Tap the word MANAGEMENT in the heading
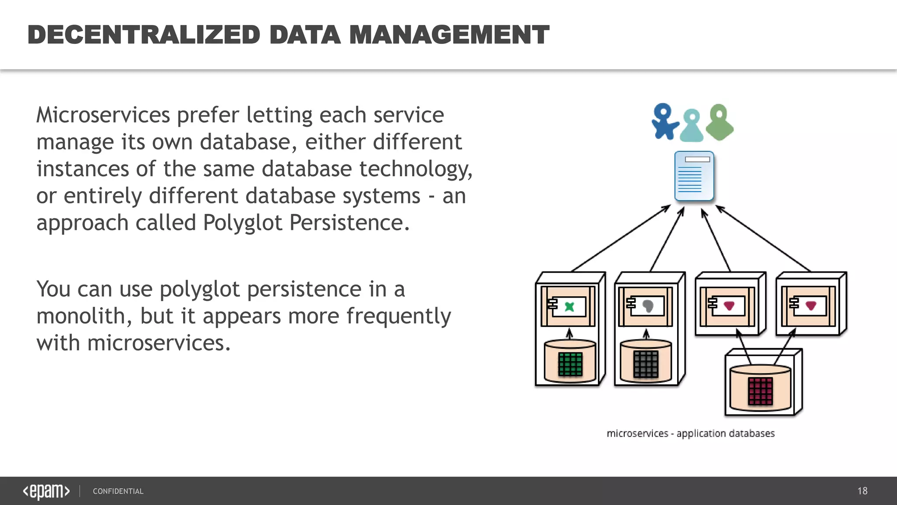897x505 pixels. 449,35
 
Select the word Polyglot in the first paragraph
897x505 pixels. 243,223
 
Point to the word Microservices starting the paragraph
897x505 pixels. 103,115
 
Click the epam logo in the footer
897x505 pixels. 46,491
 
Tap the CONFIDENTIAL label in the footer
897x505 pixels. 118,491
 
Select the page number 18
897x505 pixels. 862,491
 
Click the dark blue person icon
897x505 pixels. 664,121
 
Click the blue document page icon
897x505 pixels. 694,176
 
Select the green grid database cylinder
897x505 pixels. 570,362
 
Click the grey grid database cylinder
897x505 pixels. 646,362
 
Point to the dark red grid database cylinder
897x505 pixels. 760,389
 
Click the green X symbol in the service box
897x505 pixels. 569,306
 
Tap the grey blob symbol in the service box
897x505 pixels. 648,306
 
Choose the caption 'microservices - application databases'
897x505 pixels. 690,434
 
